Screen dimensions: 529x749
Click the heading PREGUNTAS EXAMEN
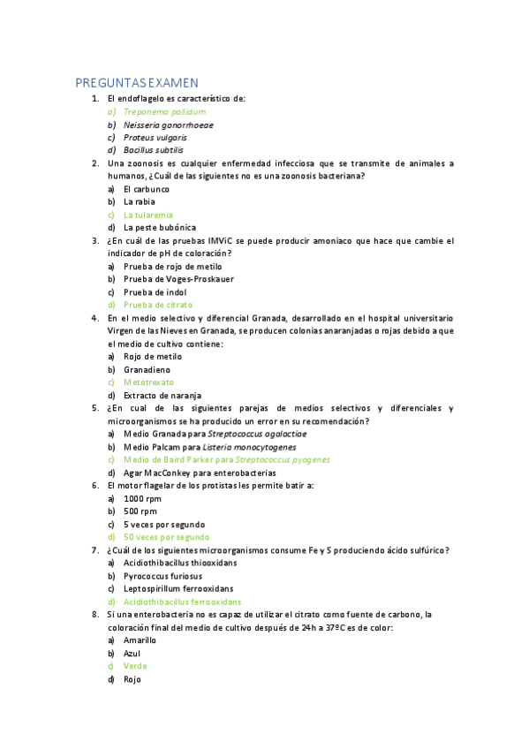coord(137,83)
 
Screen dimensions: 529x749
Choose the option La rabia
coord(140,201)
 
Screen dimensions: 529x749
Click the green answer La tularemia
coord(148,215)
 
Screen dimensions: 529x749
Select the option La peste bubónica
coord(160,227)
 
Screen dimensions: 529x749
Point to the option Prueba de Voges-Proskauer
coord(178,279)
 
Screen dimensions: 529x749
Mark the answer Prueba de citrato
coord(158,305)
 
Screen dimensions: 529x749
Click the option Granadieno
coord(147,369)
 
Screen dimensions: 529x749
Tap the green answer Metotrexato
coord(148,382)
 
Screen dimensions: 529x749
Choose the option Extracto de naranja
coord(162,395)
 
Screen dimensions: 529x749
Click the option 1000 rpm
coord(140,498)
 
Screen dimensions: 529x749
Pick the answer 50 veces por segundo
coord(167,536)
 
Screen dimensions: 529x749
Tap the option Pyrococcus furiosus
coord(163,576)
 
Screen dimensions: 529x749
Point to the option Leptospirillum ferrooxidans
coord(178,588)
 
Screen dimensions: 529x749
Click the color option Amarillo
coord(140,639)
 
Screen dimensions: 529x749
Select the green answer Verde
coord(135,666)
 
